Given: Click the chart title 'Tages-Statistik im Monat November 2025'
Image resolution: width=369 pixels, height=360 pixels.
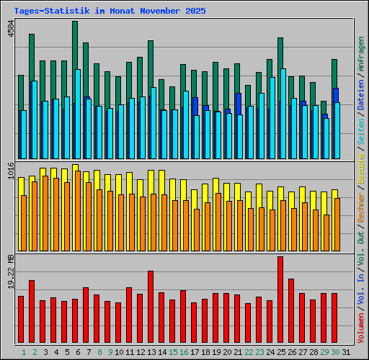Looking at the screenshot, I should pyautogui.click(x=110, y=12).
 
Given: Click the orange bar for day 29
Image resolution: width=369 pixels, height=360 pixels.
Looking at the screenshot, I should pyautogui.click(x=326, y=230).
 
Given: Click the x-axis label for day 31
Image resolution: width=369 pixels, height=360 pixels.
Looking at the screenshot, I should pyautogui.click(x=346, y=352).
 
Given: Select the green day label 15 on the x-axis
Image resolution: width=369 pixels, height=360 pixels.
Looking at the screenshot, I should pyautogui.click(x=172, y=352).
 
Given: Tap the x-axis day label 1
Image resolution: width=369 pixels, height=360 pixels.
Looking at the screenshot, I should pyautogui.click(x=24, y=352).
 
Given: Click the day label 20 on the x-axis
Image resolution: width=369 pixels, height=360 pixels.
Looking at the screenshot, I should pyautogui.click(x=226, y=352).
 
